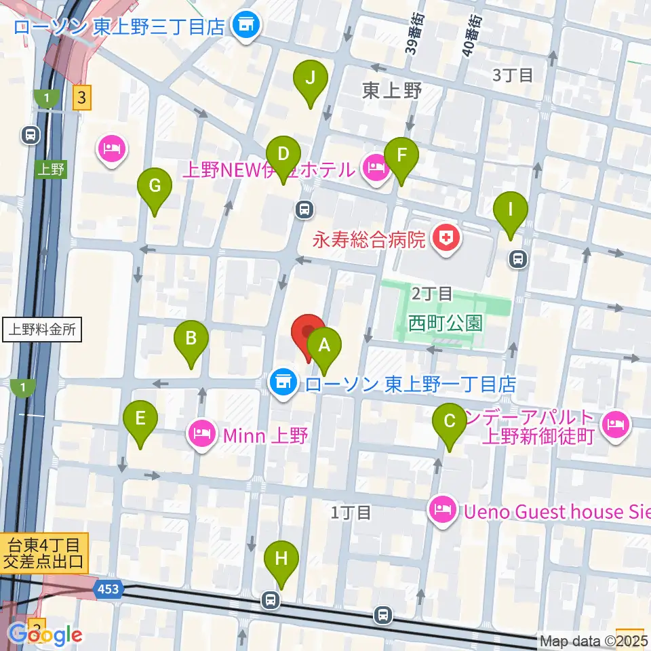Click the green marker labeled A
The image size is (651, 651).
(324, 347)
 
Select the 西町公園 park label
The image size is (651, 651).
(446, 323)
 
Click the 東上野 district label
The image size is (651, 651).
(392, 90)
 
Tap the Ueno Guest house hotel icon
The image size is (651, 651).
(442, 511)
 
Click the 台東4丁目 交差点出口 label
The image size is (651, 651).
(45, 553)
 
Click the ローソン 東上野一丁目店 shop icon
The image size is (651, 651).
(282, 384)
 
